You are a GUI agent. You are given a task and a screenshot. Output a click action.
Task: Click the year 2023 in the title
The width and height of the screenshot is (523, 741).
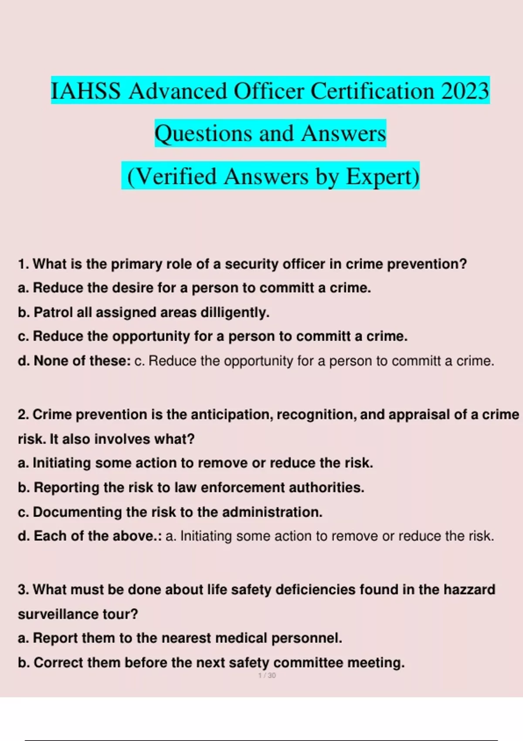465,91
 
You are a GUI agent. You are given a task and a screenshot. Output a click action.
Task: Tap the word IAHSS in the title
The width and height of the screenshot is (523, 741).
86,91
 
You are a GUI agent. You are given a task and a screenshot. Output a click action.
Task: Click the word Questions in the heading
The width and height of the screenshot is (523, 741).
204,133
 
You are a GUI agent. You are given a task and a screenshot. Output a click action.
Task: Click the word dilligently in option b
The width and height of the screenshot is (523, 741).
234,313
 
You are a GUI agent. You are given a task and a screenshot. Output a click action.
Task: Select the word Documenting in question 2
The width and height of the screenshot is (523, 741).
78,512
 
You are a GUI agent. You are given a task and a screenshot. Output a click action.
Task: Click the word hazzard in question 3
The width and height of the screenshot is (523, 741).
469,590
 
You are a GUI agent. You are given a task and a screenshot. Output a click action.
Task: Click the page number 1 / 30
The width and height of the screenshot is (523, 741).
267,676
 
